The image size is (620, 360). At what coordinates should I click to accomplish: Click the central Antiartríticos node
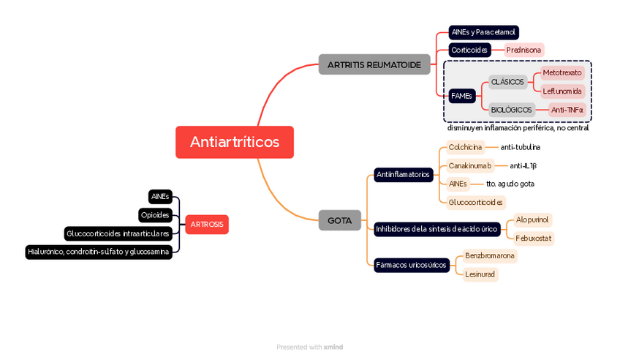tap(234, 142)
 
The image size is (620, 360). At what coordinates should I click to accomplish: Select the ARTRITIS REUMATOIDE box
tap(374, 65)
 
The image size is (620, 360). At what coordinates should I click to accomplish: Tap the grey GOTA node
tap(339, 220)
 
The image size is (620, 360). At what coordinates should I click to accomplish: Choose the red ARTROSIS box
tap(207, 225)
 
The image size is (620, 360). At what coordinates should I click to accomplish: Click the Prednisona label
tap(523, 50)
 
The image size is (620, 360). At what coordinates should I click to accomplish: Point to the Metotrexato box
tap(562, 72)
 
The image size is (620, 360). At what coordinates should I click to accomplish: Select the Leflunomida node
tap(562, 91)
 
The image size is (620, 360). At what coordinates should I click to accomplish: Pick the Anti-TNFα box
tap(567, 110)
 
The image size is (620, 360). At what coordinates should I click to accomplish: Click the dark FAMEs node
tap(461, 96)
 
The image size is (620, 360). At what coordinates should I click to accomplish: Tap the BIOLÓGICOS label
tap(511, 110)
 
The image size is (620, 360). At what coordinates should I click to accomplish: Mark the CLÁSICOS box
tap(507, 82)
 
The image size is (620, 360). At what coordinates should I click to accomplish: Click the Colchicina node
tap(465, 147)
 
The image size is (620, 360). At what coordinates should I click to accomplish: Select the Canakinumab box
tap(470, 165)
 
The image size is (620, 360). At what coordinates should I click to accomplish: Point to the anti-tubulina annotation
tap(520, 147)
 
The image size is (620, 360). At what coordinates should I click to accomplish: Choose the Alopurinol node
tap(532, 220)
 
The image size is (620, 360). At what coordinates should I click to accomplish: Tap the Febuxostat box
tap(534, 238)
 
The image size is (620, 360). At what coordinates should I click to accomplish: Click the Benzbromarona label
tap(490, 256)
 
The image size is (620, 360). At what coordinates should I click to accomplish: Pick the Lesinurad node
tap(480, 274)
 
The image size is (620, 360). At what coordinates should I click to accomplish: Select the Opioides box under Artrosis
tap(156, 215)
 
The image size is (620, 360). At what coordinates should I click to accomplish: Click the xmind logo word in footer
tap(333, 347)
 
